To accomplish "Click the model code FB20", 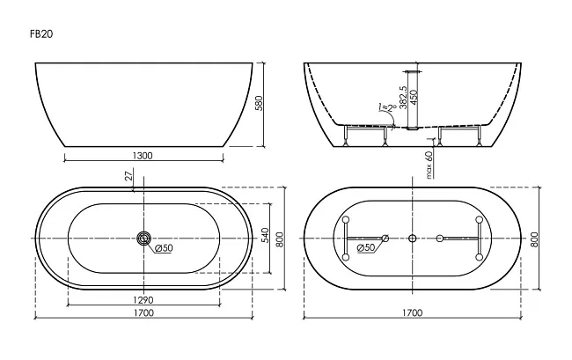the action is [41, 34].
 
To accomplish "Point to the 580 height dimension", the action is [258, 104].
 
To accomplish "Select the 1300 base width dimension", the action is [143, 156].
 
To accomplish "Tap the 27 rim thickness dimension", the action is [128, 176].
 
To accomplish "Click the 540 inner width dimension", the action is [265, 236].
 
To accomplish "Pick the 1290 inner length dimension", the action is [143, 300].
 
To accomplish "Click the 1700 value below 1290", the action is [143, 312].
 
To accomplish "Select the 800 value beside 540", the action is [280, 239].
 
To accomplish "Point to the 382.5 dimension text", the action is [403, 98].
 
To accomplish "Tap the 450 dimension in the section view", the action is [414, 98].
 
